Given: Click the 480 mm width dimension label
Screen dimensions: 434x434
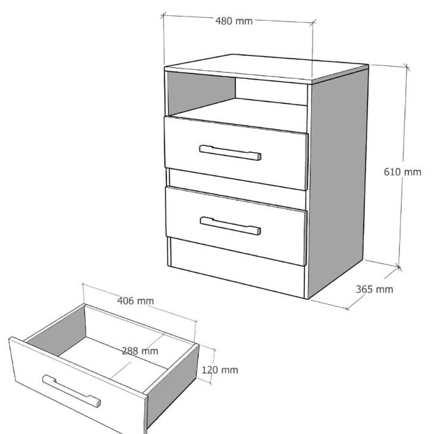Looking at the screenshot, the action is [x=234, y=21].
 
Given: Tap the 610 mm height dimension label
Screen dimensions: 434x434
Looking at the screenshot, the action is [x=402, y=172].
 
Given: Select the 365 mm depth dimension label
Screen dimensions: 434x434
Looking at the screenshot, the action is [x=374, y=289].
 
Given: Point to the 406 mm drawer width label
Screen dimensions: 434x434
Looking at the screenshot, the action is [x=135, y=301].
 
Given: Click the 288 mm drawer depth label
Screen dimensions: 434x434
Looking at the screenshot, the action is [x=140, y=351].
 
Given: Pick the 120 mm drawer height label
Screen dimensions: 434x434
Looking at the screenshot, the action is [x=220, y=370].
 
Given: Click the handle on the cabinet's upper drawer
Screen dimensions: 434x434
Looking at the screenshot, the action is [x=230, y=153].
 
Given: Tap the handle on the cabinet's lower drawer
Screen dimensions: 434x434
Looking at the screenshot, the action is [x=230, y=226].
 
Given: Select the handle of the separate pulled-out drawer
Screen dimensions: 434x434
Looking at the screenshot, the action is [x=72, y=391].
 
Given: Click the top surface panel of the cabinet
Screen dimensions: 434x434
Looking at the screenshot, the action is [x=267, y=68].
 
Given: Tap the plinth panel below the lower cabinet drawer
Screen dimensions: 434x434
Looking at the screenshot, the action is [x=238, y=267].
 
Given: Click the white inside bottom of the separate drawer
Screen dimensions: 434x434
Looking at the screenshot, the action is [x=114, y=360].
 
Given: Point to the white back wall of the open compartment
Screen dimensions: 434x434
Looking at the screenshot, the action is [x=271, y=91].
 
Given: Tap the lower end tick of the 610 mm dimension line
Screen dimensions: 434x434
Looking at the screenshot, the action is [x=399, y=267].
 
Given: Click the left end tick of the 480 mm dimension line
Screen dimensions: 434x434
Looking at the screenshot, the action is [x=163, y=15].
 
